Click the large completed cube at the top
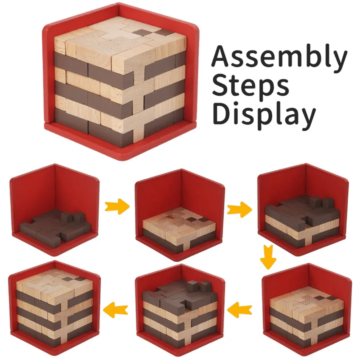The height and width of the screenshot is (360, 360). click(x=120, y=83)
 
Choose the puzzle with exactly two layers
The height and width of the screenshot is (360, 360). click(x=179, y=227)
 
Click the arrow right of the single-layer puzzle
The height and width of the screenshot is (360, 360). click(x=117, y=206)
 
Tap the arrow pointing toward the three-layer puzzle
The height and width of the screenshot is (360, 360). click(x=239, y=209)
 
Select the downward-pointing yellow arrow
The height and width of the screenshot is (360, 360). click(x=268, y=257)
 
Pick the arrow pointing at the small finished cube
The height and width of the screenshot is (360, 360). click(x=115, y=310)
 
